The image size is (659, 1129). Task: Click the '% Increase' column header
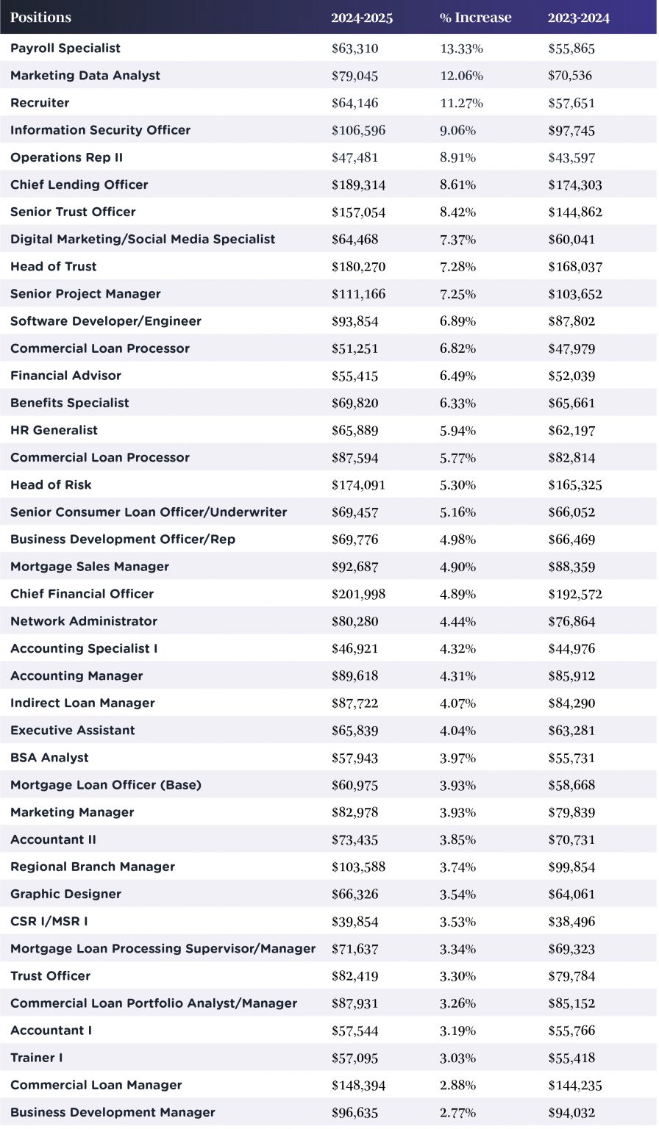[475, 18]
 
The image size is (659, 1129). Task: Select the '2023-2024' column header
[579, 18]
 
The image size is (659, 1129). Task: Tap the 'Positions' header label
[41, 18]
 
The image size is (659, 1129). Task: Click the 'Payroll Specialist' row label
[65, 49]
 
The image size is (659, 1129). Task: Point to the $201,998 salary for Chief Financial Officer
[358, 594]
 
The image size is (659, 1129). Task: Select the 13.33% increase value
[461, 49]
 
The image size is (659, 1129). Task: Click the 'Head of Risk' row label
[51, 485]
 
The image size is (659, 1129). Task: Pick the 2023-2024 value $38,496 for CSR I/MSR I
[571, 922]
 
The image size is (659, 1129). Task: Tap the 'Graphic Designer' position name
[65, 895]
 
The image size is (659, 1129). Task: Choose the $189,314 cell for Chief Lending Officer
[358, 185]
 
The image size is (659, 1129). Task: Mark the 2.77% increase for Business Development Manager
[457, 1113]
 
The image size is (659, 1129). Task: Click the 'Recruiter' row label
[40, 103]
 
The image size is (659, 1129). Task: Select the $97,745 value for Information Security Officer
[571, 131]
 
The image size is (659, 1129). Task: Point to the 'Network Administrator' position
[84, 621]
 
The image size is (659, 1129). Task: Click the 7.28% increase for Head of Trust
[457, 267]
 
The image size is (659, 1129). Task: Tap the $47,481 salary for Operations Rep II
[355, 158]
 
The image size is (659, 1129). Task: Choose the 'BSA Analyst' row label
[49, 758]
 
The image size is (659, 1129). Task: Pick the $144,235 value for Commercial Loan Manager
[574, 1086]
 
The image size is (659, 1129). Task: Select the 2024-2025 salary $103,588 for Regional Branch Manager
[358, 867]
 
